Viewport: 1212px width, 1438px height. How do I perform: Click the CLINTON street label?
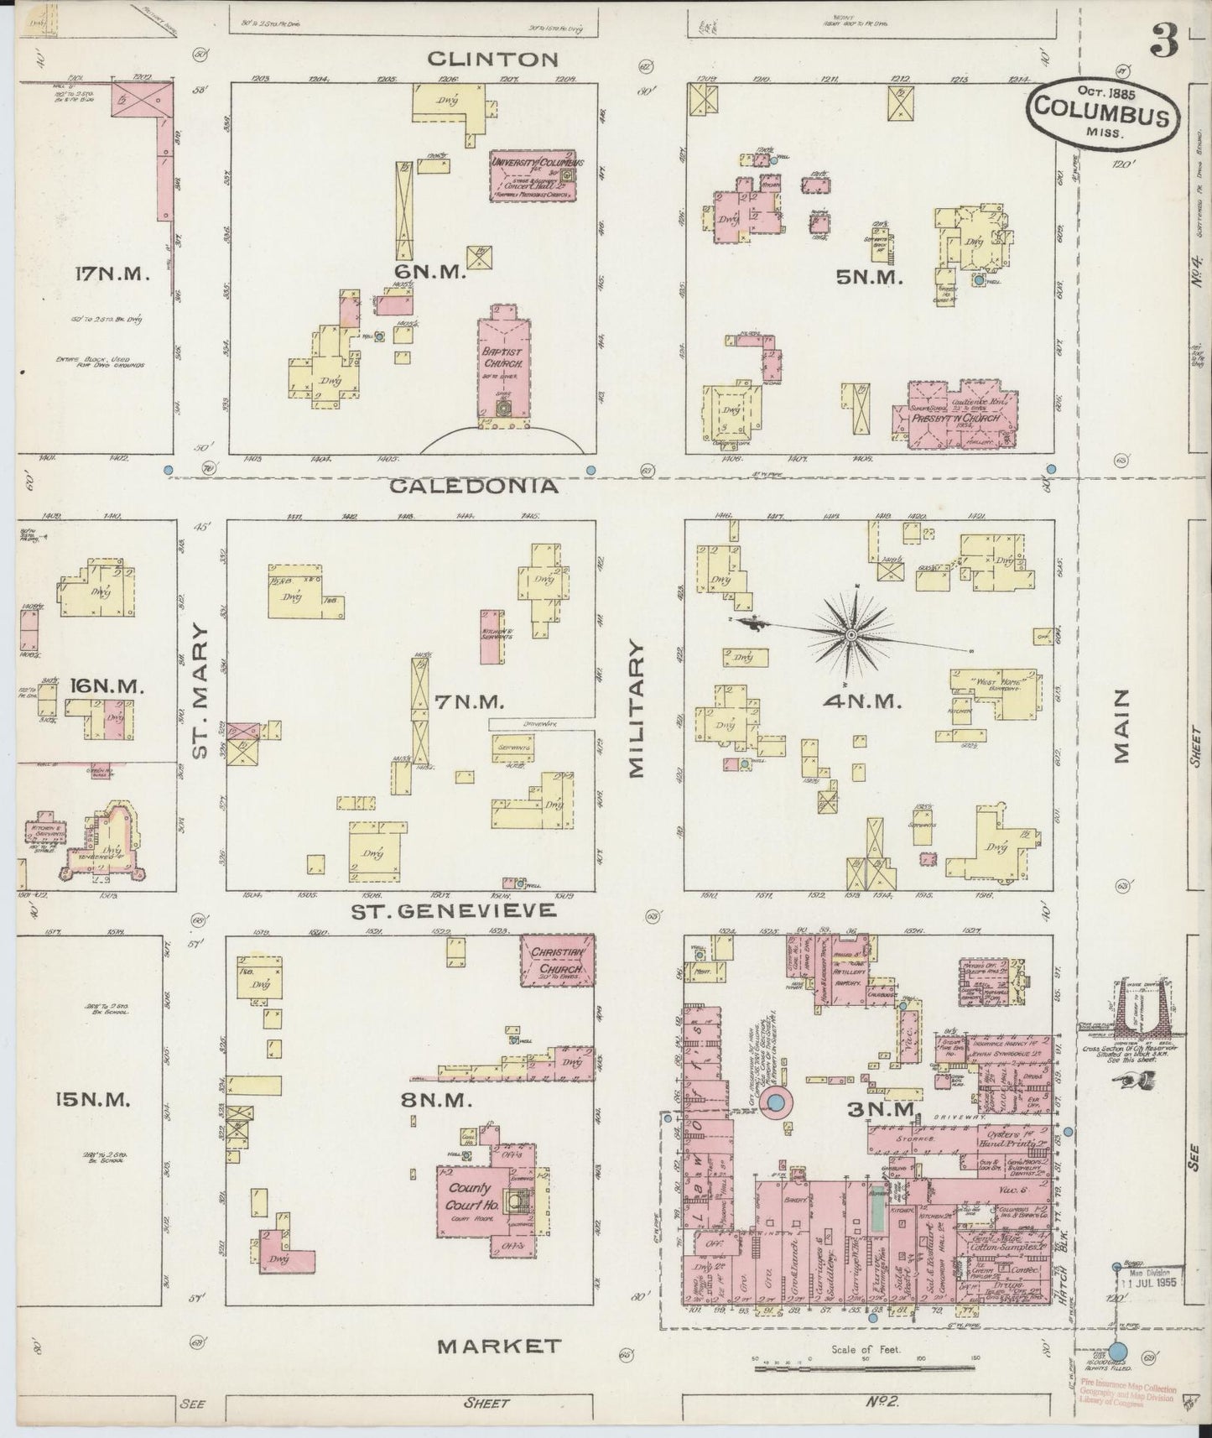(492, 59)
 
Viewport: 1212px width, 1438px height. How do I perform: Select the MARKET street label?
(499, 1346)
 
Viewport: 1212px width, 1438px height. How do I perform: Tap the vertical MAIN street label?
(1122, 726)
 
